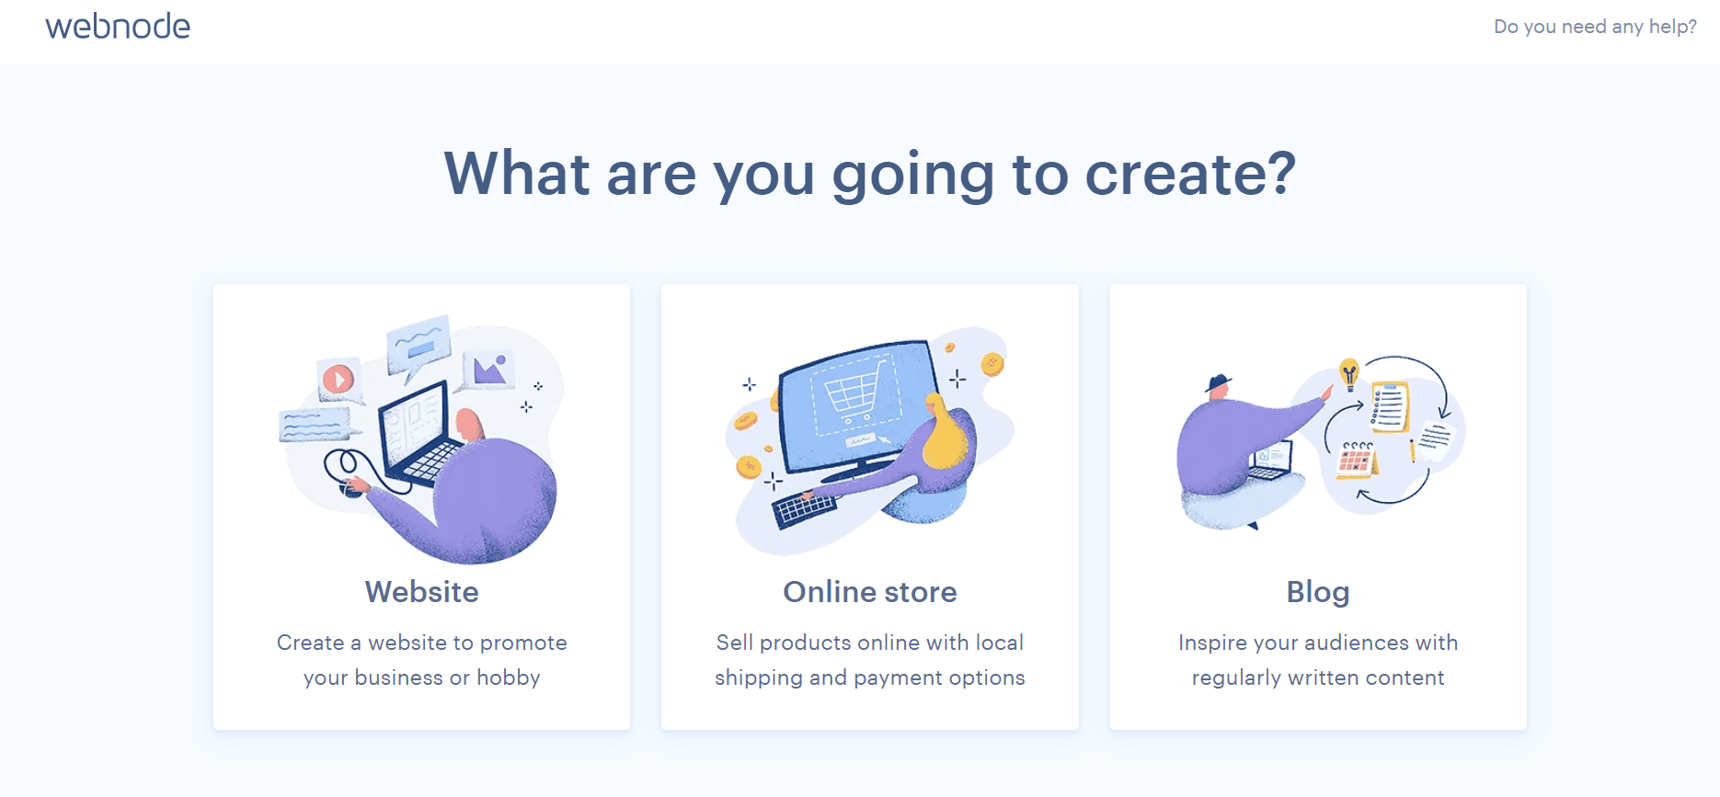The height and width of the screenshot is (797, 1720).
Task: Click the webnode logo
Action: pos(118,27)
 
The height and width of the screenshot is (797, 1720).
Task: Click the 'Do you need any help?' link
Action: pos(1595,27)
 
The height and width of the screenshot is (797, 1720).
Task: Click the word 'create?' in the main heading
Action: pos(1190,174)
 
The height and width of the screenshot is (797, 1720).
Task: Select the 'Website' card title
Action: pos(421,592)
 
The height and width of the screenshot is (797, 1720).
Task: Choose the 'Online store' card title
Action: pos(869,592)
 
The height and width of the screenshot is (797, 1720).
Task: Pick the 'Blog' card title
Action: pos(1317,592)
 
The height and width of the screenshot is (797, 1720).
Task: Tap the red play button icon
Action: pos(338,379)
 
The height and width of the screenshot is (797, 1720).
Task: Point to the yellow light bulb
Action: pos(1349,371)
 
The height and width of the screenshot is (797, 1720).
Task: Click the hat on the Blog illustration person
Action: pos(1219,381)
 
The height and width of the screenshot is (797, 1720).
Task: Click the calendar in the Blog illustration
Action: pos(1356,459)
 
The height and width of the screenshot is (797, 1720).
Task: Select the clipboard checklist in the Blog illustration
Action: pos(1389,406)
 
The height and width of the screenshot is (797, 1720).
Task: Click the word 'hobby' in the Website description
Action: pos(508,678)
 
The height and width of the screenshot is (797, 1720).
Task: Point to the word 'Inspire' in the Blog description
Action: pos(1212,643)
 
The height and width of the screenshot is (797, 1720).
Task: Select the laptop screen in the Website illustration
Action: pos(413,424)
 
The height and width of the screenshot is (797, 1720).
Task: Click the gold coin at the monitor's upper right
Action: pos(992,364)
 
